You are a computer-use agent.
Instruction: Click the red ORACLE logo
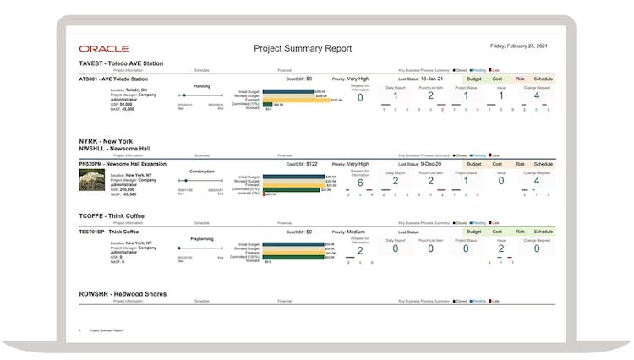tap(98, 49)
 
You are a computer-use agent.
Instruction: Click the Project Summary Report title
tap(303, 49)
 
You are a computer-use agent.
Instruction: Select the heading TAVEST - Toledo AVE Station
tap(121, 63)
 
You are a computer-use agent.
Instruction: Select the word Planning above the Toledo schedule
tap(202, 86)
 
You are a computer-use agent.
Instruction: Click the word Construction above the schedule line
tap(202, 171)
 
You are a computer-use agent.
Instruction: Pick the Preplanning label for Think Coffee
tap(202, 239)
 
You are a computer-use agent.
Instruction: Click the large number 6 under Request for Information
tap(360, 183)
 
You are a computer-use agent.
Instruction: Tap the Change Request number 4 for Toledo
tap(536, 95)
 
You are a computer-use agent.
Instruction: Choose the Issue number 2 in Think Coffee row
tap(500, 248)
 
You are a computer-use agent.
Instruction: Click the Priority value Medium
tap(356, 232)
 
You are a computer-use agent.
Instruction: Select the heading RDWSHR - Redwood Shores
tap(123, 294)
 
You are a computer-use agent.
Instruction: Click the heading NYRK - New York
tap(106, 141)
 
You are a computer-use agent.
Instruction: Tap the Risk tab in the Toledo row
tap(521, 79)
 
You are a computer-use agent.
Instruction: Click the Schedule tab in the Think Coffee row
tap(544, 232)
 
